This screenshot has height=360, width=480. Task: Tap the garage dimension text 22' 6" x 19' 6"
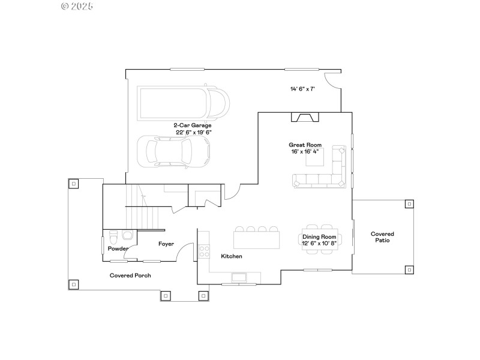pos(194,132)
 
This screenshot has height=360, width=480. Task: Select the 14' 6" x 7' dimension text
pos(302,89)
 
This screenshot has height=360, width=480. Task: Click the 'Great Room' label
pos(305,145)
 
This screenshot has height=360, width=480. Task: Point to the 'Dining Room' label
pos(320,237)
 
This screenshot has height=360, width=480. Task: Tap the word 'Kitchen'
pos(232,256)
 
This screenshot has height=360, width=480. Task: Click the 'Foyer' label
pos(166,244)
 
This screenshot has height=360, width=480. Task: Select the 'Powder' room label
pos(118,248)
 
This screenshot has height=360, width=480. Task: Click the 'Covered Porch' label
pos(130,275)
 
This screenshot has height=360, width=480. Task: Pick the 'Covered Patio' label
pos(382,237)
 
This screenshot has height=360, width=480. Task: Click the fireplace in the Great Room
pos(305,117)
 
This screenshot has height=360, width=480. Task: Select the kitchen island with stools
pos(257,239)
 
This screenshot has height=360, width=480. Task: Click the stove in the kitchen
pos(204,251)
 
